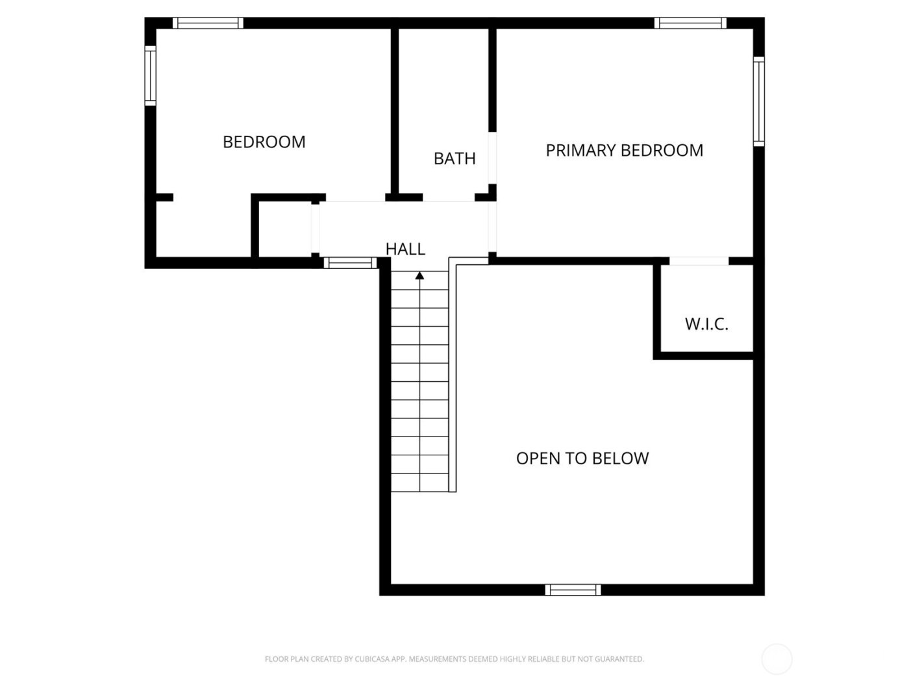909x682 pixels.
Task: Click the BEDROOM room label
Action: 264,142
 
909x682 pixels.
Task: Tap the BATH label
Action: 454,158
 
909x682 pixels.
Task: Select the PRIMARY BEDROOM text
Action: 624,150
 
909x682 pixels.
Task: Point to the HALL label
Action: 405,249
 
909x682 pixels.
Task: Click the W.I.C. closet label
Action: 706,324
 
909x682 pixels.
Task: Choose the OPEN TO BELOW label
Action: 582,459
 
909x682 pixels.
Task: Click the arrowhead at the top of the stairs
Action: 419,276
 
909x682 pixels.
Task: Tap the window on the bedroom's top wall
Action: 208,23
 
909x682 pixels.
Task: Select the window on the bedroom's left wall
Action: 150,75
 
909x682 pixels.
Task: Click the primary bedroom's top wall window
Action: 690,23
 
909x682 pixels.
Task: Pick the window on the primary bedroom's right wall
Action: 758,101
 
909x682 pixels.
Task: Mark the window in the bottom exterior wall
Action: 573,590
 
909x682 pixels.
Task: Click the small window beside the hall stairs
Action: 350,263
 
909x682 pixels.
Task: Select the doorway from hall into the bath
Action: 449,197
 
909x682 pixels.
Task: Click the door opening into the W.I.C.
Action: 699,261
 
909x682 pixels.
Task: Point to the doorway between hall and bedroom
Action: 355,197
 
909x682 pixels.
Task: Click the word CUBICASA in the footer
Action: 373,659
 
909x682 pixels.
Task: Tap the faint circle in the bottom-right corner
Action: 777,659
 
